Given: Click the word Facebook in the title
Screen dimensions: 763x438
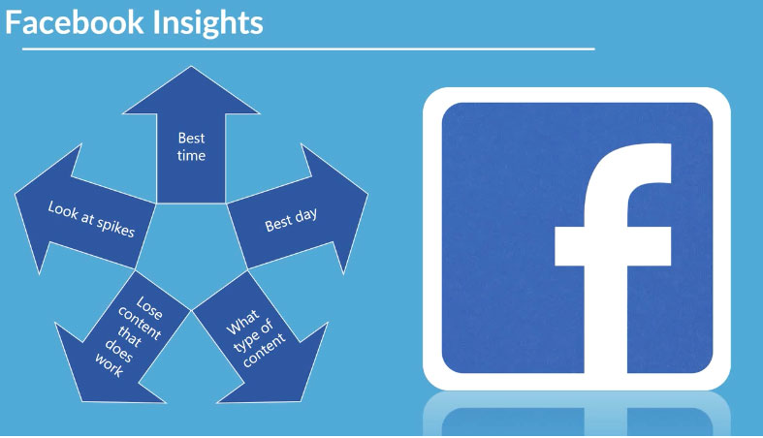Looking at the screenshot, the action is pos(75,22).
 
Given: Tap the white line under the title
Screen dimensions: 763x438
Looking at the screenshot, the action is pos(308,49).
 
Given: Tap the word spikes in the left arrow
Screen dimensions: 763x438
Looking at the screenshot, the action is pos(115,227).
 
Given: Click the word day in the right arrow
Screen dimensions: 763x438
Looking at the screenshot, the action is pos(305,216).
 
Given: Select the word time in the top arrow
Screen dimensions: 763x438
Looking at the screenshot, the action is pos(191,156).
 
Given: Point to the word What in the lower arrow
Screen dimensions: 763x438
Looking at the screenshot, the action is pos(242,323).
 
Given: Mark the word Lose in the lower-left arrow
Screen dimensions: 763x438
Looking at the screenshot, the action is pos(149,308).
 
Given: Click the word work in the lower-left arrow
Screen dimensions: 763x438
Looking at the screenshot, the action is pos(109,365).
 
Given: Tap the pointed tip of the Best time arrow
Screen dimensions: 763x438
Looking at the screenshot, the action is pos(191,67).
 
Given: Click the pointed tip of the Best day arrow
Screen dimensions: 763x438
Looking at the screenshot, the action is pos(366,196).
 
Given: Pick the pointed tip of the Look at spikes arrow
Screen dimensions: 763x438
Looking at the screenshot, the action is pos(16,195).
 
